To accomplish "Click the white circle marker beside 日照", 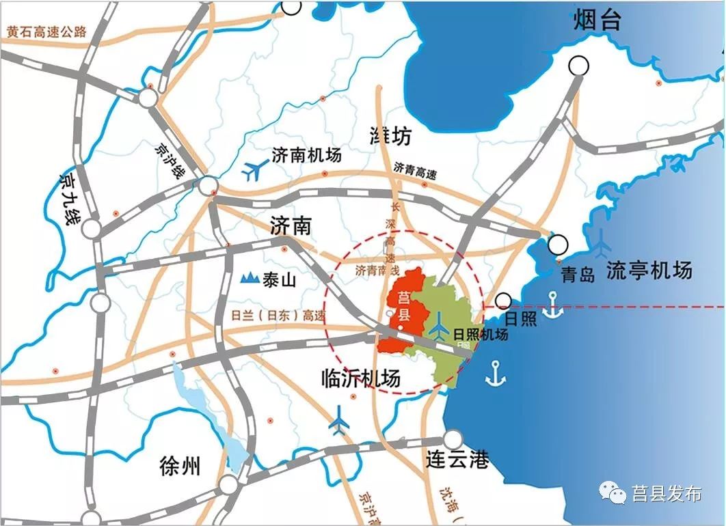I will (x=505, y=301).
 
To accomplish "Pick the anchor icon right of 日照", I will (x=552, y=306).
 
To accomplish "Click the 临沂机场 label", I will (x=361, y=377).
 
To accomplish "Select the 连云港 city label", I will (x=457, y=460).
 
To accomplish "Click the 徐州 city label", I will (x=180, y=467).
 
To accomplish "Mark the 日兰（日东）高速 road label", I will (x=279, y=316).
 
